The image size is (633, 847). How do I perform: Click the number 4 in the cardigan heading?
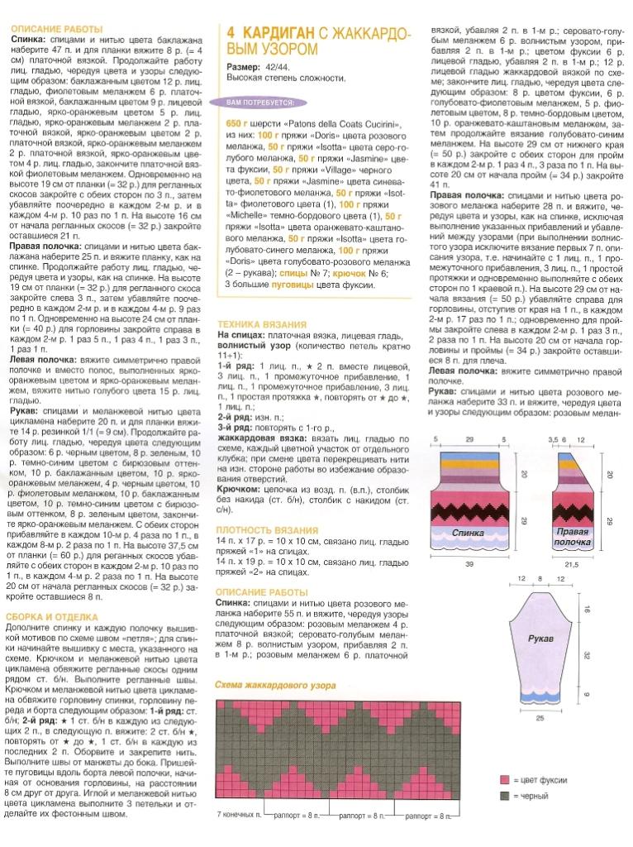[231, 32]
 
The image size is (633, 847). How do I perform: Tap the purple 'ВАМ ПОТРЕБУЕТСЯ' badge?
[258, 103]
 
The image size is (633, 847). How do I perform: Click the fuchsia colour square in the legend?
[503, 779]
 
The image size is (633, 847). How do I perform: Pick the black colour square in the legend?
[503, 796]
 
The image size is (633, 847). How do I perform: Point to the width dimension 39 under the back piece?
[469, 562]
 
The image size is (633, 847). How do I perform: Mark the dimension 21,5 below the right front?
[573, 563]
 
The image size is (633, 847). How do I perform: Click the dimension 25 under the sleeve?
[540, 718]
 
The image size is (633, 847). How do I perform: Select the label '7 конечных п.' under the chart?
[239, 813]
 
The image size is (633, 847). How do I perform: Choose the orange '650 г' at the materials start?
[237, 122]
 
